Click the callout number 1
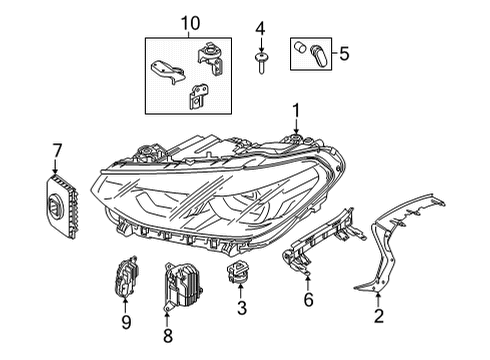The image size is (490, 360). pos(295,109)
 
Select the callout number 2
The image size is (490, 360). pos(378,317)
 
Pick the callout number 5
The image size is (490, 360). pos(345,51)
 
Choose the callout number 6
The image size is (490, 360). pos(307,299)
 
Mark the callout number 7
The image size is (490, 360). pos(57,150)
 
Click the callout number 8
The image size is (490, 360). pos(168,337)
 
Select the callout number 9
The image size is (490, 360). pos(125,322)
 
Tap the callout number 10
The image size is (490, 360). pos(190,22)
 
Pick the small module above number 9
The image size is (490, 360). pos(125,277)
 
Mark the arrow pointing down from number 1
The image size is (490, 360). pos(295,127)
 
